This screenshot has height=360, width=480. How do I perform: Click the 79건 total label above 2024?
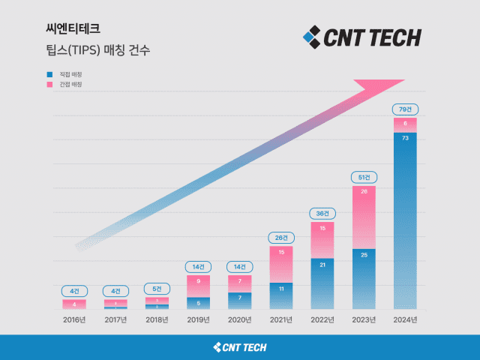(x=405, y=109)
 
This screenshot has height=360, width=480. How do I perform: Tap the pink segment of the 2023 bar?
(x=364, y=217)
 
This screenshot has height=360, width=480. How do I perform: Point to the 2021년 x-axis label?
(x=280, y=319)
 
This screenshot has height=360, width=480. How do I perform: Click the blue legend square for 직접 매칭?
(x=49, y=75)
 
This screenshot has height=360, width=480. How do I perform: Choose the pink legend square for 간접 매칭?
(x=49, y=85)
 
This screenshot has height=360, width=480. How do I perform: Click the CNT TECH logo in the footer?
(x=240, y=347)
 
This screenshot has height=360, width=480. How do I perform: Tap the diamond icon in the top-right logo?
(x=311, y=36)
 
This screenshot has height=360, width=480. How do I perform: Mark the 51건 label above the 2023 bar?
(x=364, y=177)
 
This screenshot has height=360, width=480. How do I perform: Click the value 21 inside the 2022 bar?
(x=322, y=264)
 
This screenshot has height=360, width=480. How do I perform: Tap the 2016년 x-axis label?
(x=74, y=319)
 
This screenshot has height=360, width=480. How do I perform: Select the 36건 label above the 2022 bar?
(x=322, y=213)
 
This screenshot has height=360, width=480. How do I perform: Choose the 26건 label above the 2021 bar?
(x=280, y=238)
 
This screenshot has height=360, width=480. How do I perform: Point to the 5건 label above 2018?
(x=157, y=289)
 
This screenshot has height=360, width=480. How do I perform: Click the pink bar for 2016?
(x=74, y=304)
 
